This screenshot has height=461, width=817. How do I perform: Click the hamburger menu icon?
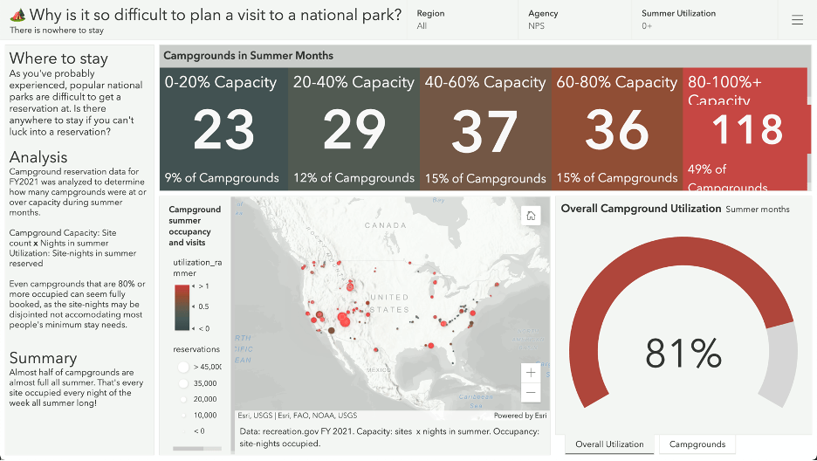point(797,20)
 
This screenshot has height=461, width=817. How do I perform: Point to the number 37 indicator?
point(484,132)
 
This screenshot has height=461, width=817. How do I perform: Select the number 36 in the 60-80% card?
point(616,131)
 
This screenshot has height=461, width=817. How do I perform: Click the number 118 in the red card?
point(747,130)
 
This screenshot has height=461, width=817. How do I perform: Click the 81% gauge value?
point(683,354)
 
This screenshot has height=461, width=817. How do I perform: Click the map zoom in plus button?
point(531,373)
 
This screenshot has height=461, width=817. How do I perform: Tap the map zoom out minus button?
point(531,392)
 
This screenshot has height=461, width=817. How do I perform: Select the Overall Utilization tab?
point(608,444)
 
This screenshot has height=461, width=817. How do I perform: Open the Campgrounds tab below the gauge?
point(697,444)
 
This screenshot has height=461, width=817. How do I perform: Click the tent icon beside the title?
point(17,15)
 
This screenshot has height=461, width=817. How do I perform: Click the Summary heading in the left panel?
point(43,358)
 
